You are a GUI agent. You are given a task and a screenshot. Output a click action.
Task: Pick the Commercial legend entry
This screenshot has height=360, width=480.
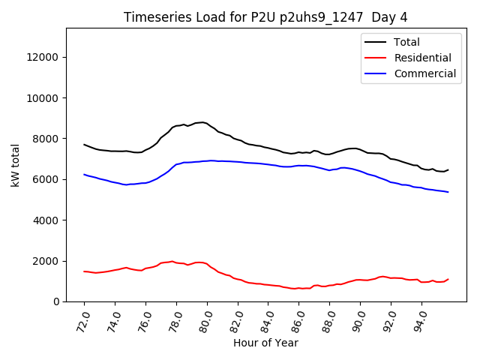pyautogui.click(x=424, y=73)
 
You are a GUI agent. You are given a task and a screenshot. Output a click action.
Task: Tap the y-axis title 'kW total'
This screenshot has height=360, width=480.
pyautogui.click(x=16, y=165)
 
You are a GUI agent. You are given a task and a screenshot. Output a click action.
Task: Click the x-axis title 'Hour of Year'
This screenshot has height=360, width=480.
pyautogui.click(x=265, y=343)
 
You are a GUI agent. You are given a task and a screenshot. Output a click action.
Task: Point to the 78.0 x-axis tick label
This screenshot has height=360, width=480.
pyautogui.click(x=175, y=318)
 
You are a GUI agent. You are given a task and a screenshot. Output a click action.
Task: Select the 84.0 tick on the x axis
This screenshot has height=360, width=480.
pyautogui.click(x=267, y=318)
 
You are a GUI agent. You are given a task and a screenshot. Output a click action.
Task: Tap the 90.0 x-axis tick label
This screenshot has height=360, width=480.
pyautogui.click(x=359, y=318)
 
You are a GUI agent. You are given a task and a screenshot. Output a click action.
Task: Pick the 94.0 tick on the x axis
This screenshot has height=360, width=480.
pyautogui.click(x=421, y=318)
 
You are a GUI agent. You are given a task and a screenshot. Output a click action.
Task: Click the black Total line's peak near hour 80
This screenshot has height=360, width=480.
pyautogui.click(x=202, y=122)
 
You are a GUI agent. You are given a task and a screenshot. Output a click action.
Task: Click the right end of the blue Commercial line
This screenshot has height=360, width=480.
pyautogui.click(x=448, y=192)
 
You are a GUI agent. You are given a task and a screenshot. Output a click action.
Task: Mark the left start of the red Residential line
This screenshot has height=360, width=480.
pyautogui.click(x=84, y=271)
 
